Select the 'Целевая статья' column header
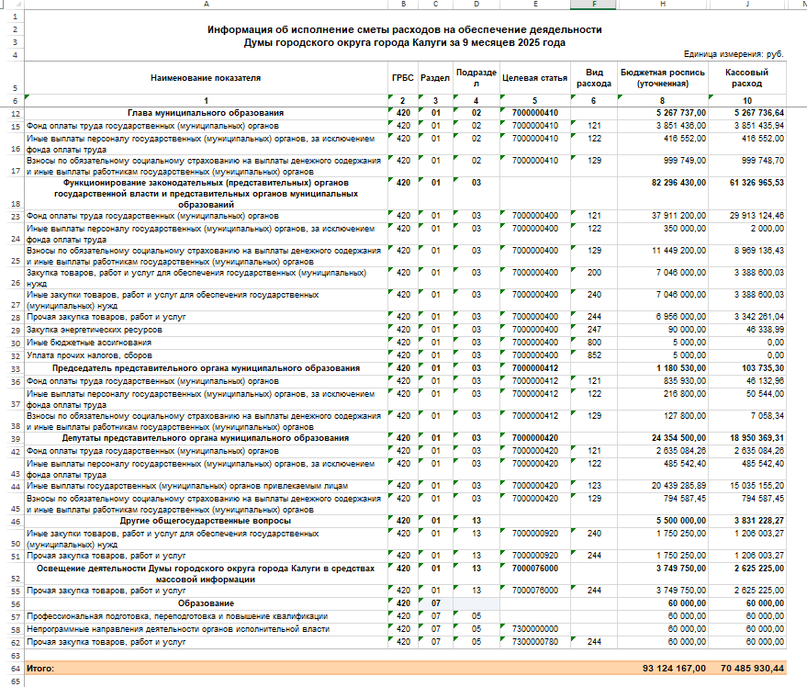[532, 77]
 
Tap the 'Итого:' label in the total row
[41, 669]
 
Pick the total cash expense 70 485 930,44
[752, 669]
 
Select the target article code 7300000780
[533, 642]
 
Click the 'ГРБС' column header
[402, 77]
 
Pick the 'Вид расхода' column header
[593, 77]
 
